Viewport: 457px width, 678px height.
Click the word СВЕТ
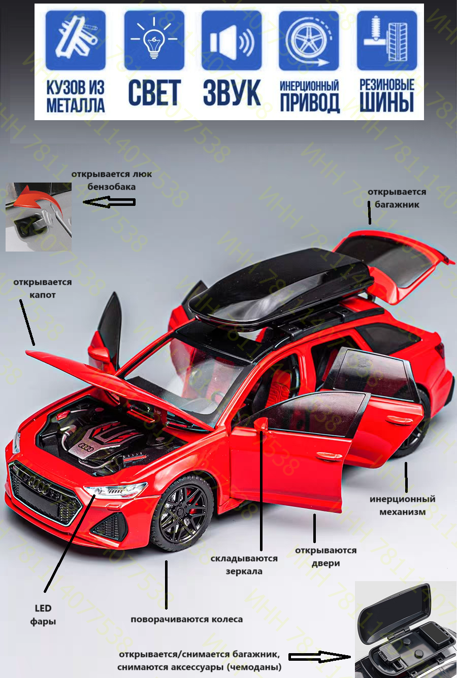154,93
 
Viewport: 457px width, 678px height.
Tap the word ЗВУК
232,93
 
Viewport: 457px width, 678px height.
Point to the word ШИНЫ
387,102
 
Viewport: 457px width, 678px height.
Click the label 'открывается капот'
43,288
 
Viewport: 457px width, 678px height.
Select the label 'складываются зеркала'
244,564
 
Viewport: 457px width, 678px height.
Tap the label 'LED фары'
43,615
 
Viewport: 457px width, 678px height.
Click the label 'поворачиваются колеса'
186,619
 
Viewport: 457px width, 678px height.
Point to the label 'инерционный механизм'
402,505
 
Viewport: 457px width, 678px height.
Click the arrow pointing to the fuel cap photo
109,202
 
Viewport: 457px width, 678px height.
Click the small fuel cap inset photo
38,217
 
